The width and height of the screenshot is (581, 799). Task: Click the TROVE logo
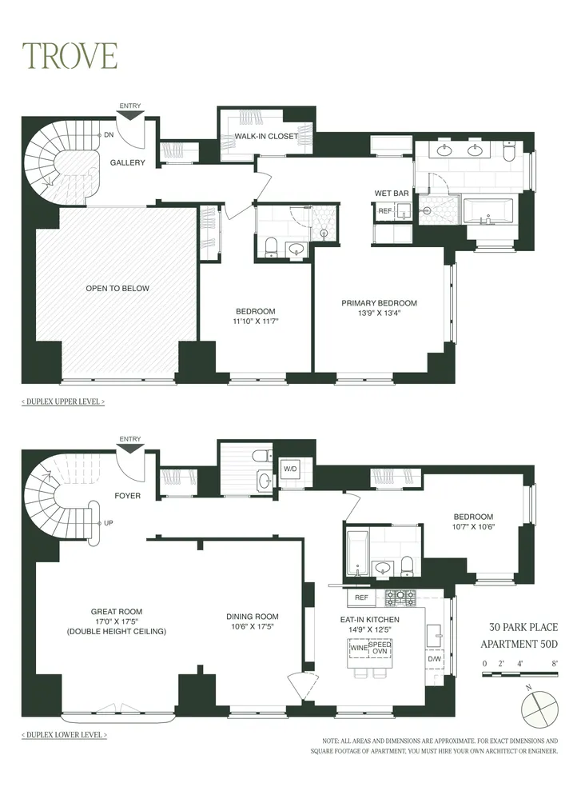[70, 55]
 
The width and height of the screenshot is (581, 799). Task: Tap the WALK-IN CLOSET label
[265, 137]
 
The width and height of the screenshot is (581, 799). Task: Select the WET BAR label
[392, 193]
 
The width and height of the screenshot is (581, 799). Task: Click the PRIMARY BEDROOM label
[379, 303]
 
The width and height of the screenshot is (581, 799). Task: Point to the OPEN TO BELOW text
[117, 288]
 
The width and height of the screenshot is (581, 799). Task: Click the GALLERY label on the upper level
[128, 163]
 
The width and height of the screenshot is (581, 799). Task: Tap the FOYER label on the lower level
[127, 496]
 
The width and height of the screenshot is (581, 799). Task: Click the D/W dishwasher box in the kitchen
[435, 659]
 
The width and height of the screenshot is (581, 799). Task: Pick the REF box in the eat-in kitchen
[361, 597]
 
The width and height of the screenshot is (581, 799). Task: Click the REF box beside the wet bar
[384, 211]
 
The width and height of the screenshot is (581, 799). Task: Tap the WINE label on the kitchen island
[360, 649]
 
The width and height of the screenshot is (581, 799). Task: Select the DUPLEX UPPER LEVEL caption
[63, 401]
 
